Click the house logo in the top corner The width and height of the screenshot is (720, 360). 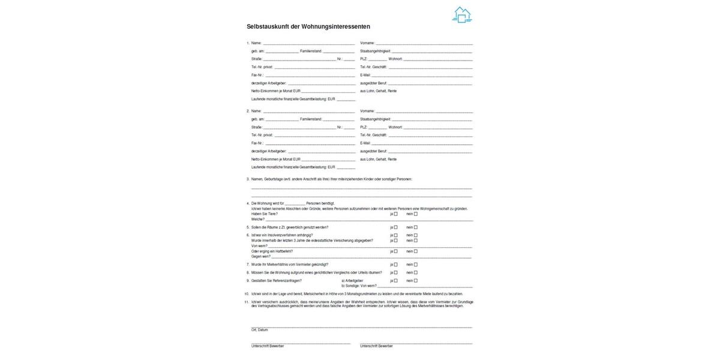(461, 15)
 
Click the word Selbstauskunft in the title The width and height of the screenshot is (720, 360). (268, 27)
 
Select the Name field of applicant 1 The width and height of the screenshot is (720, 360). (308, 44)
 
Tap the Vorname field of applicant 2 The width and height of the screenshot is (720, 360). (424, 112)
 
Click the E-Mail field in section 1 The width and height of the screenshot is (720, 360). (421, 76)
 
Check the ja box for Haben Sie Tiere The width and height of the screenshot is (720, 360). (396, 214)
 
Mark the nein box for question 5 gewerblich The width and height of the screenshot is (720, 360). (415, 227)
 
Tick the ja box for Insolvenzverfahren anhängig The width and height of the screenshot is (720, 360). (396, 235)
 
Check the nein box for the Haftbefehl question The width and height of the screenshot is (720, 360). (415, 251)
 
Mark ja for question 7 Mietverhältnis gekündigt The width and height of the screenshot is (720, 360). (396, 265)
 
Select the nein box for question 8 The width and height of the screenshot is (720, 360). (415, 272)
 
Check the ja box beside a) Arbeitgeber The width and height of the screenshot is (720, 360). (396, 280)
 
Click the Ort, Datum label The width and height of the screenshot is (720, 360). (260, 330)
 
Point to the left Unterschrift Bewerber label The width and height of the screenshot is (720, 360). (268, 346)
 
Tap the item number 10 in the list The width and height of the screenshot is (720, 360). (247, 294)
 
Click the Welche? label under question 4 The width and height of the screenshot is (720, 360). (257, 219)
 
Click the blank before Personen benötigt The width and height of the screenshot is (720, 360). (296, 204)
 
